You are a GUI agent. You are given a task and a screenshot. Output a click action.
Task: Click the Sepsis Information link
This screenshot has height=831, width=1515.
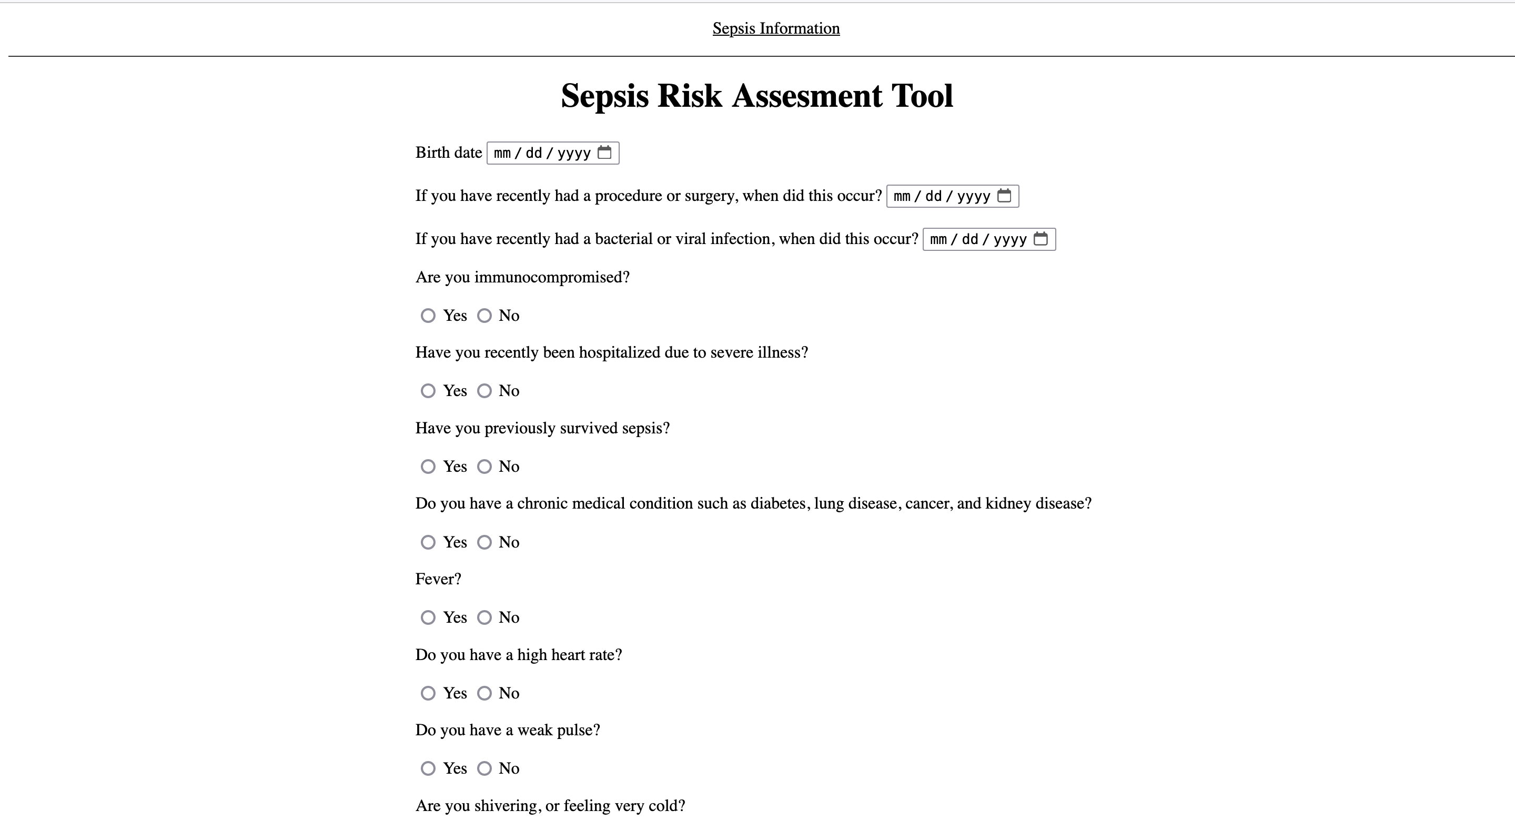click(x=776, y=28)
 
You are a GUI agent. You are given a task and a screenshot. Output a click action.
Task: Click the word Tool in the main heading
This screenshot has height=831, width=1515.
click(x=922, y=96)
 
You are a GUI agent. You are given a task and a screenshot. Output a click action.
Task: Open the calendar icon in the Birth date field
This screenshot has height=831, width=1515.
click(x=604, y=153)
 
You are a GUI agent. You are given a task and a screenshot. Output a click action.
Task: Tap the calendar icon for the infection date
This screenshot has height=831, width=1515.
click(x=1041, y=239)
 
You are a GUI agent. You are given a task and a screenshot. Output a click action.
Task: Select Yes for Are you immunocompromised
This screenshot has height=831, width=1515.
click(x=428, y=316)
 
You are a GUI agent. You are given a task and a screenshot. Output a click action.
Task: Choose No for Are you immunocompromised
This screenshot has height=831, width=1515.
click(x=484, y=316)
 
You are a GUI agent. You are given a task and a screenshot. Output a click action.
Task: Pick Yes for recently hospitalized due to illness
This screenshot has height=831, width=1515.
click(x=428, y=391)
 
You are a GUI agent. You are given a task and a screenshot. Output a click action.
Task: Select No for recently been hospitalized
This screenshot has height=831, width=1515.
click(x=484, y=391)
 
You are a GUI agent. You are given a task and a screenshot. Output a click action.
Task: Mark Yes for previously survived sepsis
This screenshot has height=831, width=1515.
click(x=428, y=467)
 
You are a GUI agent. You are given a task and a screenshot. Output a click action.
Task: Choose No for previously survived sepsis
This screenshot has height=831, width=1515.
click(x=484, y=467)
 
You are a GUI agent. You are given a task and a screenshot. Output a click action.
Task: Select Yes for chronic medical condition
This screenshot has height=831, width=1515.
click(x=428, y=542)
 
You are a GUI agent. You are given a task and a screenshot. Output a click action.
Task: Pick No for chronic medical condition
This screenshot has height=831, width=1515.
click(x=484, y=542)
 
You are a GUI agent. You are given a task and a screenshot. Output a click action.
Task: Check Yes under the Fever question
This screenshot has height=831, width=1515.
click(x=428, y=617)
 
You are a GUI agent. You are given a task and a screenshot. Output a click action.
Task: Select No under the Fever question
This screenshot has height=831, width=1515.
click(x=484, y=617)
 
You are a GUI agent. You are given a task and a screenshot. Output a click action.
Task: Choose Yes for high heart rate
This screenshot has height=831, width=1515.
click(x=428, y=693)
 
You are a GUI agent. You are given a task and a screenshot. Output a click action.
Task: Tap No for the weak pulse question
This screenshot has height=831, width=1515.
click(x=484, y=768)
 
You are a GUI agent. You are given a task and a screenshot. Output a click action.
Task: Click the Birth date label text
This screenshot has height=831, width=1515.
click(x=448, y=153)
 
